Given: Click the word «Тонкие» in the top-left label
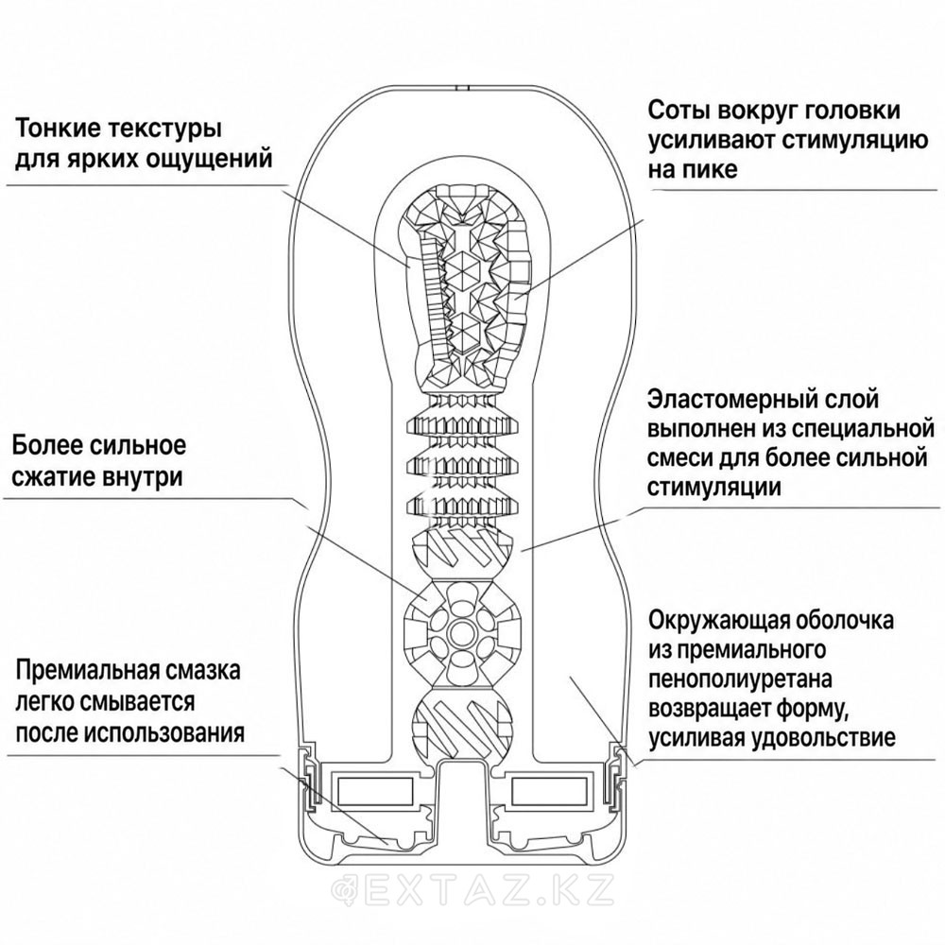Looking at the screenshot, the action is click(x=56, y=129).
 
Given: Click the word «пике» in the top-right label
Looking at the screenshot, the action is click(x=711, y=169).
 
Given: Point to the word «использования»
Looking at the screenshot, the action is click(x=164, y=733).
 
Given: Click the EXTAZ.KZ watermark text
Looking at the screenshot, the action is click(x=473, y=887).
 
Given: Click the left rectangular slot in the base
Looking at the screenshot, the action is click(x=376, y=791).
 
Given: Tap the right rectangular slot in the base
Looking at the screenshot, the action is click(x=548, y=791).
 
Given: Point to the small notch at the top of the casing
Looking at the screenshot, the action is click(x=462, y=88).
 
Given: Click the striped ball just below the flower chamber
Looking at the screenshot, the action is click(x=462, y=723).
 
